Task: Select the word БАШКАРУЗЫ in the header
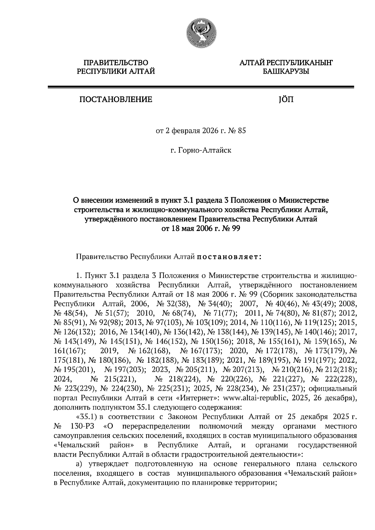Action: point(285,72)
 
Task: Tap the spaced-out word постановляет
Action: point(229,257)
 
